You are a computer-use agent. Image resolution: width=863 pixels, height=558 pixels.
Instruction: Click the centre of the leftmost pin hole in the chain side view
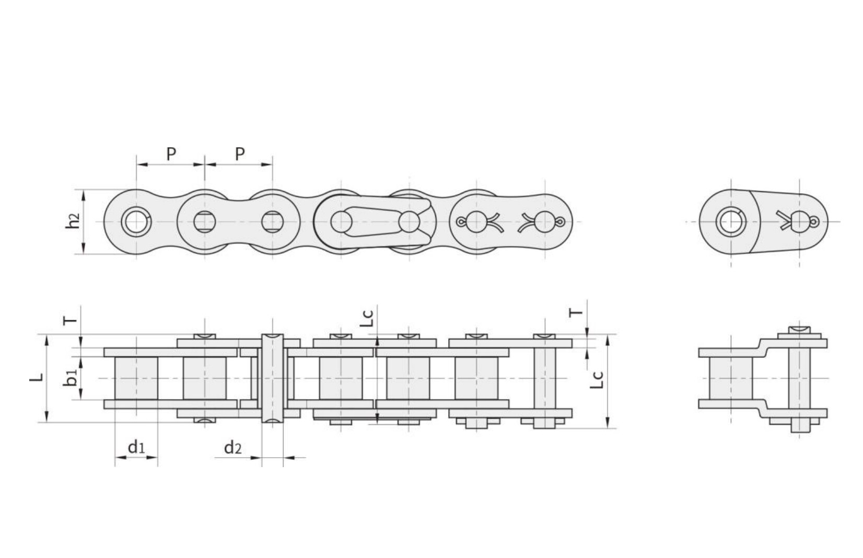(x=136, y=222)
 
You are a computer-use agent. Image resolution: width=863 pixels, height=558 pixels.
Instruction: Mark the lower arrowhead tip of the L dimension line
(x=46, y=422)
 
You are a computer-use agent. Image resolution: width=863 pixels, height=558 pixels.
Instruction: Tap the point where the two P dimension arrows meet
(x=205, y=165)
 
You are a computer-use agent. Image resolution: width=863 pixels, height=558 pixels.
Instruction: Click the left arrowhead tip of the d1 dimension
(x=115, y=457)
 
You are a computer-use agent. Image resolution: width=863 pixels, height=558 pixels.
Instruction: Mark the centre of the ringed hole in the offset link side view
(x=731, y=222)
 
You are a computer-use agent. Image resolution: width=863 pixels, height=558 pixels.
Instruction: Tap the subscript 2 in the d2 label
(x=238, y=449)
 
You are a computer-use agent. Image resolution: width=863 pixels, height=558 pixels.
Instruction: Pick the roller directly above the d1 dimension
(x=136, y=378)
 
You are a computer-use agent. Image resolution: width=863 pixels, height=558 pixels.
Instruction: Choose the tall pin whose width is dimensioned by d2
(x=272, y=378)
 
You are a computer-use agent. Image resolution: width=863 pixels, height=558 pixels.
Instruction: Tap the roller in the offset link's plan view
(x=731, y=378)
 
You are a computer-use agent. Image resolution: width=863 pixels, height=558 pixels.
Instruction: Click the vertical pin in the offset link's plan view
(x=799, y=380)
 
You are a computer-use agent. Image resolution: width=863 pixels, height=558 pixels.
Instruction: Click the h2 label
(x=73, y=221)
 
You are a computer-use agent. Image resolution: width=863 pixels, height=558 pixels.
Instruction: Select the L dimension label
(x=36, y=378)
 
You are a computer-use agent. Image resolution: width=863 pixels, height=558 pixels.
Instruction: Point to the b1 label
(x=71, y=378)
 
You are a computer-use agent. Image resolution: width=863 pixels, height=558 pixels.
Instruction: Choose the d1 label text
(x=136, y=447)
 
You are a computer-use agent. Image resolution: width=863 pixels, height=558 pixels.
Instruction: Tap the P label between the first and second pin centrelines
(x=171, y=154)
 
